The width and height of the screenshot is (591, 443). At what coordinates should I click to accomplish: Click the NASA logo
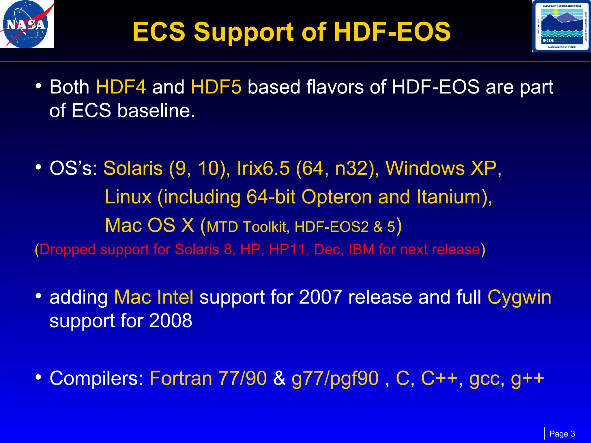[27, 25]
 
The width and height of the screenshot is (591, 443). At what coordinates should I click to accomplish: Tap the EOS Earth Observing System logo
[561, 27]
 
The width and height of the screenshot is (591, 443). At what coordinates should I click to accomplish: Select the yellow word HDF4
[121, 87]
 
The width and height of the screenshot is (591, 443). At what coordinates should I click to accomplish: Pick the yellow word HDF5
[216, 87]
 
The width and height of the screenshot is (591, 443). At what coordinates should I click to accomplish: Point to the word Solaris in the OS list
[133, 168]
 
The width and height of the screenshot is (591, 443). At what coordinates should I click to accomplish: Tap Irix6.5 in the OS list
[263, 168]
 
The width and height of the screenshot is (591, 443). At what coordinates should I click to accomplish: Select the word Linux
[128, 197]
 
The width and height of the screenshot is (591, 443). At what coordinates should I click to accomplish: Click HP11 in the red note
[287, 249]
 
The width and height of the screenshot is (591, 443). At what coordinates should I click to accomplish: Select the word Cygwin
[519, 297]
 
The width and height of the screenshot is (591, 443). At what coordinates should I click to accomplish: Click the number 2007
[320, 297]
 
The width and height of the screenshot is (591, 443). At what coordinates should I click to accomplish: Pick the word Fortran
[181, 378]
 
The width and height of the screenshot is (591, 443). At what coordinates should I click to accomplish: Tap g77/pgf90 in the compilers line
[335, 379]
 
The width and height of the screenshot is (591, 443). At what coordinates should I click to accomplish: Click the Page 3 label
[562, 434]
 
